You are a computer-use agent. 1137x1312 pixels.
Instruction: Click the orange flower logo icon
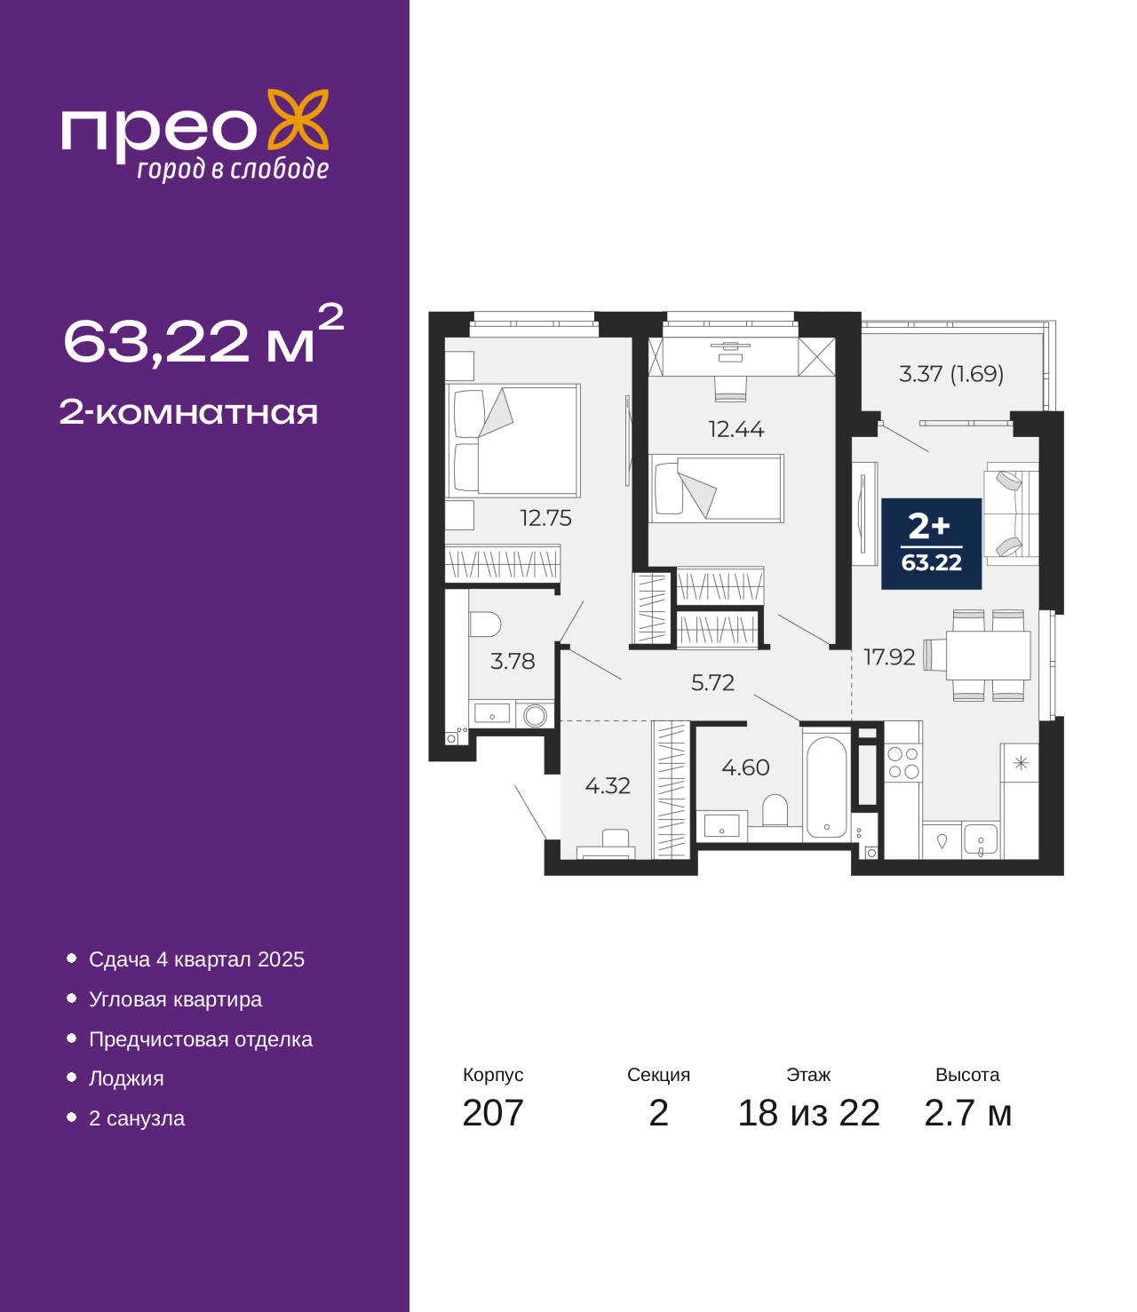pos(298,119)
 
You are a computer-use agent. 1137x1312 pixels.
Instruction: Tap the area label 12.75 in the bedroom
pos(545,518)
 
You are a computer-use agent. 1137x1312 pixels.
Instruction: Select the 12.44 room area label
pos(735,429)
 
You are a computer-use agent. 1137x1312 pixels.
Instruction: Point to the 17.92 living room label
pos(889,657)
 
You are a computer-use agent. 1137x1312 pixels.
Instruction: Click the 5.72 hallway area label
pos(712,682)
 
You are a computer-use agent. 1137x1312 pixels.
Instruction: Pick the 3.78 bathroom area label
pos(513,662)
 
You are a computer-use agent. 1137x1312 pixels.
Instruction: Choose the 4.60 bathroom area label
pos(745,767)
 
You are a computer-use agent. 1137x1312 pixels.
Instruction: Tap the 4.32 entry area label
pos(608,786)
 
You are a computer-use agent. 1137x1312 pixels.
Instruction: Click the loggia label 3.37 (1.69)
pos(951,374)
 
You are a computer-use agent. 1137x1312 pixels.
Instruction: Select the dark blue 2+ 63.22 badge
pos(931,544)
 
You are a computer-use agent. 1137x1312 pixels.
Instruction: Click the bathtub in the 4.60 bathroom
pos(826,787)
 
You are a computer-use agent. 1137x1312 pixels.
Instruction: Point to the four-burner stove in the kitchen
pos(902,762)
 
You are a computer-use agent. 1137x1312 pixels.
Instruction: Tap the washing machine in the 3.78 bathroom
pos(535,715)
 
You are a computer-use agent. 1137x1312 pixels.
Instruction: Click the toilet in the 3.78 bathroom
pos(485,624)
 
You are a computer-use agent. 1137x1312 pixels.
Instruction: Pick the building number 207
pos(493,1131)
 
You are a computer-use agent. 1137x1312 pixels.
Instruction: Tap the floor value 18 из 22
pos(808,1131)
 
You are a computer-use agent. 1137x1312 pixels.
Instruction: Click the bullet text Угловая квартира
pos(175,999)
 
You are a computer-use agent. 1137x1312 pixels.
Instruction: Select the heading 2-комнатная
pos(188,412)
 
